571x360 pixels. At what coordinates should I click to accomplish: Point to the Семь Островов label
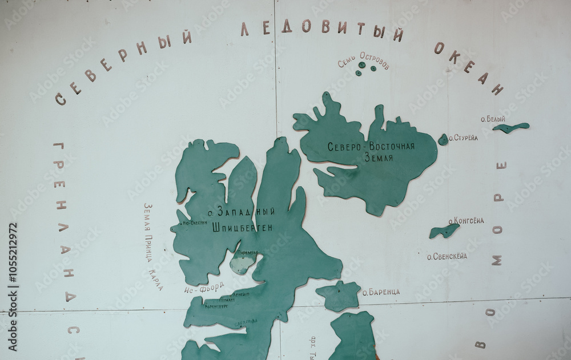click(x=363, y=60)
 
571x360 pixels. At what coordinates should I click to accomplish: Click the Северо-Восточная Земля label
click(x=371, y=151)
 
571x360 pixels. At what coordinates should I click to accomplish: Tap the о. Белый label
click(x=493, y=119)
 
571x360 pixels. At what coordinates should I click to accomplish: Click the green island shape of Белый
click(x=511, y=127)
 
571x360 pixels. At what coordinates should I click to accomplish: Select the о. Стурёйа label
click(x=463, y=137)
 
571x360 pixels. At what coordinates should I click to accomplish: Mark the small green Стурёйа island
click(x=443, y=139)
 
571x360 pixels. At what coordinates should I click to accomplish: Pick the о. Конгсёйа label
click(x=466, y=221)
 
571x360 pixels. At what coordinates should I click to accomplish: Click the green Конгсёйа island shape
click(x=444, y=230)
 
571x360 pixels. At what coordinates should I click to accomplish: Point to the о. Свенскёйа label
click(x=447, y=256)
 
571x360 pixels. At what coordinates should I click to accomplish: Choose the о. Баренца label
click(x=381, y=292)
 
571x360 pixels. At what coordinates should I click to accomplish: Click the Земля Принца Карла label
click(x=153, y=246)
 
